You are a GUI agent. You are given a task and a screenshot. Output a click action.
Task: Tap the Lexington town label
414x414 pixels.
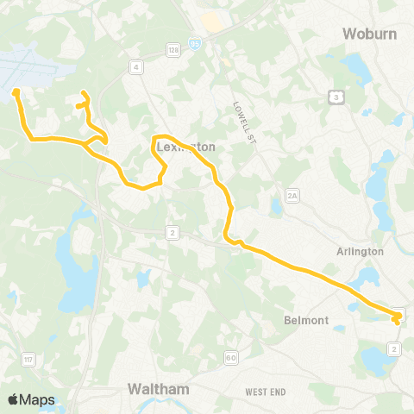point(185,147)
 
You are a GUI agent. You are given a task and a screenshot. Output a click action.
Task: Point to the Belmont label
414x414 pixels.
point(306,320)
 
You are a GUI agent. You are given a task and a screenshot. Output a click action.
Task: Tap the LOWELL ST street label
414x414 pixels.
point(240,117)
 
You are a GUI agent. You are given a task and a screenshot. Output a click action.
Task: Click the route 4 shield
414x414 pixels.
point(135,66)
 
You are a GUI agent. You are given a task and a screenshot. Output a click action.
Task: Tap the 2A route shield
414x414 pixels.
point(292,197)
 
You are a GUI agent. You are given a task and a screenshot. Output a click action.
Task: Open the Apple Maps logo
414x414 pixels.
point(31,399)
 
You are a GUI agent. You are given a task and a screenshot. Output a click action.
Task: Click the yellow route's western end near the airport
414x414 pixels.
point(16,91)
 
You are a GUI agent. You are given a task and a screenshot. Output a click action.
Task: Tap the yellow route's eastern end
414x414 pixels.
point(396,320)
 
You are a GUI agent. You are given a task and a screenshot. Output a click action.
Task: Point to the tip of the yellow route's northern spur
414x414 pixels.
point(83,93)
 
